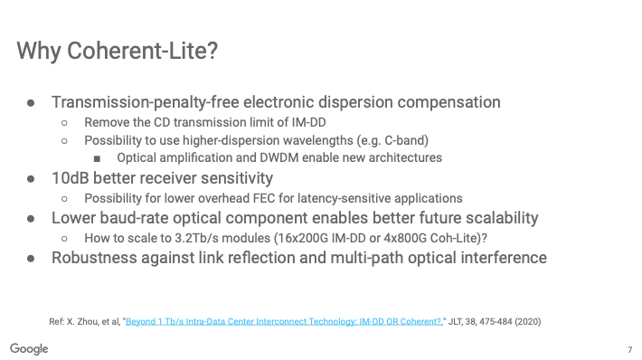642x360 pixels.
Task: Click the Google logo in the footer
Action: pos(29,349)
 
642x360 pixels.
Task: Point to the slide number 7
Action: pos(629,350)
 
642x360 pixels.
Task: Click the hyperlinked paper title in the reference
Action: pos(284,321)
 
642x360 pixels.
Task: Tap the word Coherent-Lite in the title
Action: pos(142,51)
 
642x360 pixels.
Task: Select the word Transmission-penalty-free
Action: pos(146,102)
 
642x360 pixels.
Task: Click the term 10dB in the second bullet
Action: pos(70,178)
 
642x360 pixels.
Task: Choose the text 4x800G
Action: pos(404,239)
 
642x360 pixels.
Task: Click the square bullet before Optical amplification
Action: pos(97,158)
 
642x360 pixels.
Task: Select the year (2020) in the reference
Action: pos(528,321)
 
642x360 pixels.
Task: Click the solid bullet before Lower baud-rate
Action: pos(31,219)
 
